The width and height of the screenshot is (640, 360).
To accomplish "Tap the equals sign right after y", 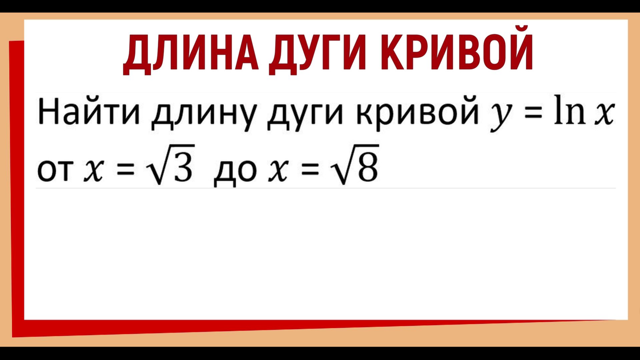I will click(x=533, y=112).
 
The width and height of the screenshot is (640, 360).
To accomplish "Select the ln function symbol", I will click(x=569, y=110).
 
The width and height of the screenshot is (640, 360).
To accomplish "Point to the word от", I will click(x=55, y=170).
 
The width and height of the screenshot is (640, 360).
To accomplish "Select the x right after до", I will click(x=278, y=170).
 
